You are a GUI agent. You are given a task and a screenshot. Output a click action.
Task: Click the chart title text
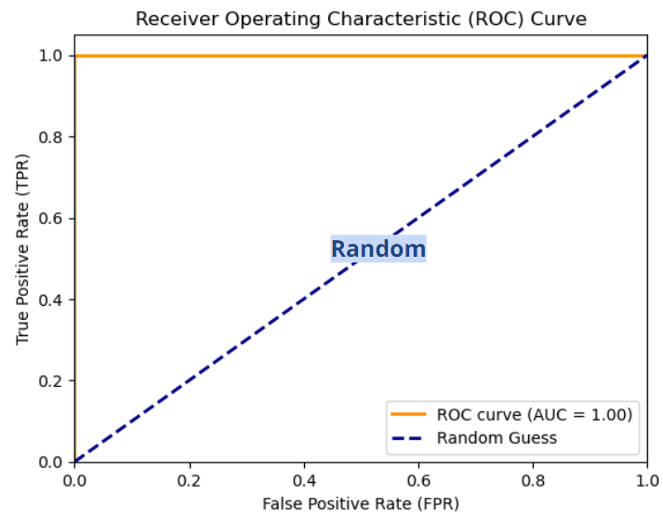click(x=361, y=19)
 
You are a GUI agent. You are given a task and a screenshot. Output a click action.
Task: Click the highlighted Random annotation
click(x=378, y=249)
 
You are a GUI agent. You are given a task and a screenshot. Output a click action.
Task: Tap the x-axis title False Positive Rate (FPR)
click(x=361, y=503)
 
